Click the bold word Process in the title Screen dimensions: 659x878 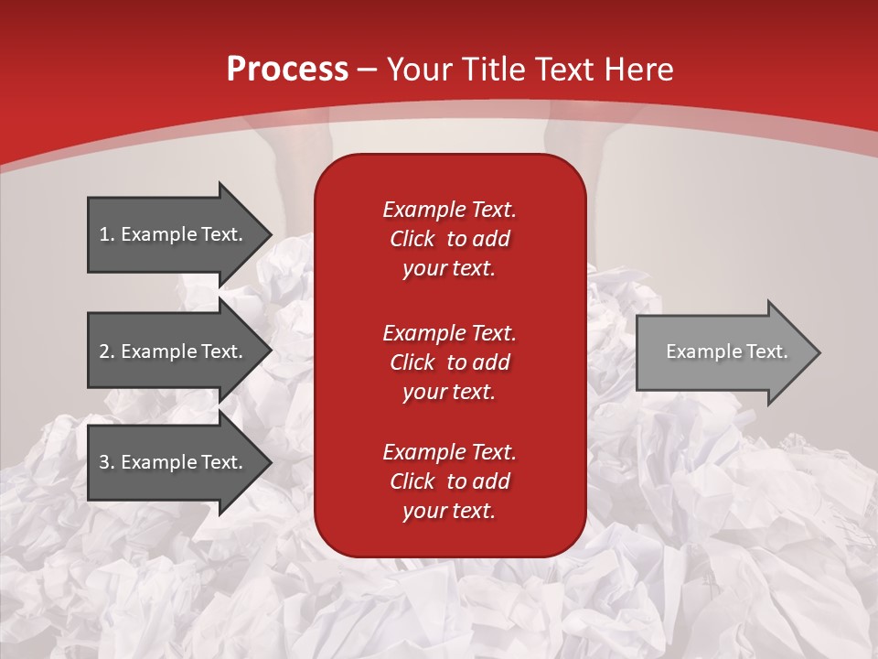pos(287,69)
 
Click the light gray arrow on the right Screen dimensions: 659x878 pos(723,351)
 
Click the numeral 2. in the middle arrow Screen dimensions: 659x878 pos(107,351)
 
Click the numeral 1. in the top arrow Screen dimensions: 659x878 pos(107,234)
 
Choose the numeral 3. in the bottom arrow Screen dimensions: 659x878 pos(107,462)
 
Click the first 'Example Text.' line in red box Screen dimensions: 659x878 pos(449,210)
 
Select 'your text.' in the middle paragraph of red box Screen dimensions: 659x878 pos(449,392)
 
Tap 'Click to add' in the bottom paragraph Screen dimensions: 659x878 pos(449,481)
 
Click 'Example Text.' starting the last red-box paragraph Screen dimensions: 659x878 pos(449,452)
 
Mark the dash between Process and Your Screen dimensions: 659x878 pos(367,70)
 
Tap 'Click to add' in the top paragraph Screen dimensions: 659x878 pos(449,239)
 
